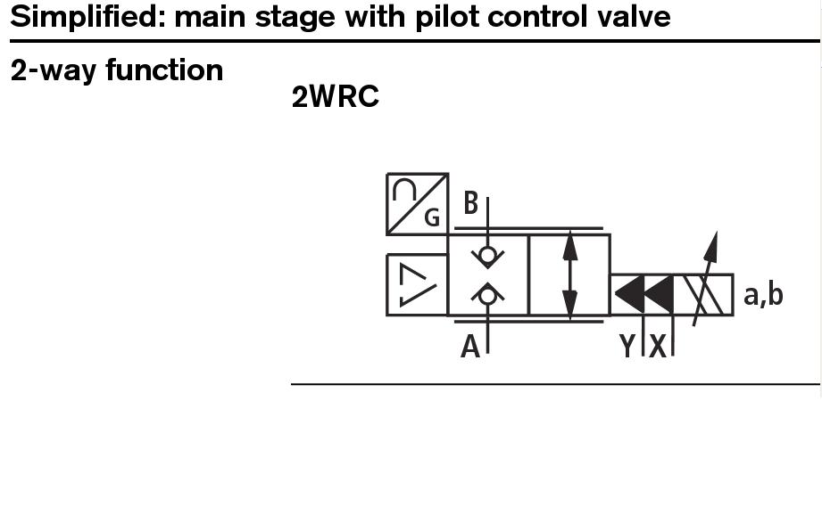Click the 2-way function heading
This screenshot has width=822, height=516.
[x=117, y=70]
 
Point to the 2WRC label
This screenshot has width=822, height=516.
[x=336, y=97]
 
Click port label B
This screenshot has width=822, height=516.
[x=470, y=204]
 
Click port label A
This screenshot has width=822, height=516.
[x=469, y=346]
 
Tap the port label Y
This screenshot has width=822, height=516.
[x=627, y=346]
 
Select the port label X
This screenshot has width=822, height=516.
[x=658, y=346]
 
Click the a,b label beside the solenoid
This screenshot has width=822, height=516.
[x=763, y=293]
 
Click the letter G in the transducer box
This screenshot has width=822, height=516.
[x=432, y=217]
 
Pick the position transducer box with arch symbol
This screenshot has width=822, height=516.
[x=417, y=204]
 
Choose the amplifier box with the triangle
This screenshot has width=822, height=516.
[x=417, y=284]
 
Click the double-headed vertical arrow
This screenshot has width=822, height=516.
[x=569, y=274]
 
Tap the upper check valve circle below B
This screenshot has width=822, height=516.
[x=487, y=256]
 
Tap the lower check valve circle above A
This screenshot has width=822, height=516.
[x=487, y=295]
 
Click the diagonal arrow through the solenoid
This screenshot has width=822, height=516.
[x=704, y=272]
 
